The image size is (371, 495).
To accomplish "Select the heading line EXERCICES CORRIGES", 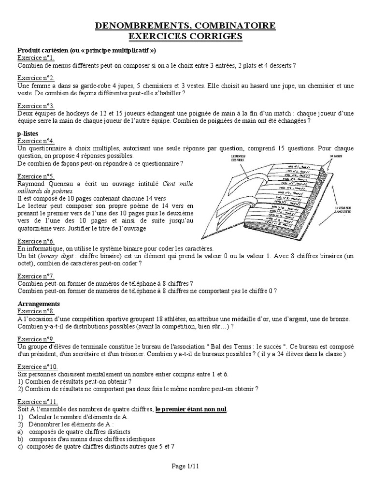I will [185, 36].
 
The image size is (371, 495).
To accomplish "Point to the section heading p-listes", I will [29, 133].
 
